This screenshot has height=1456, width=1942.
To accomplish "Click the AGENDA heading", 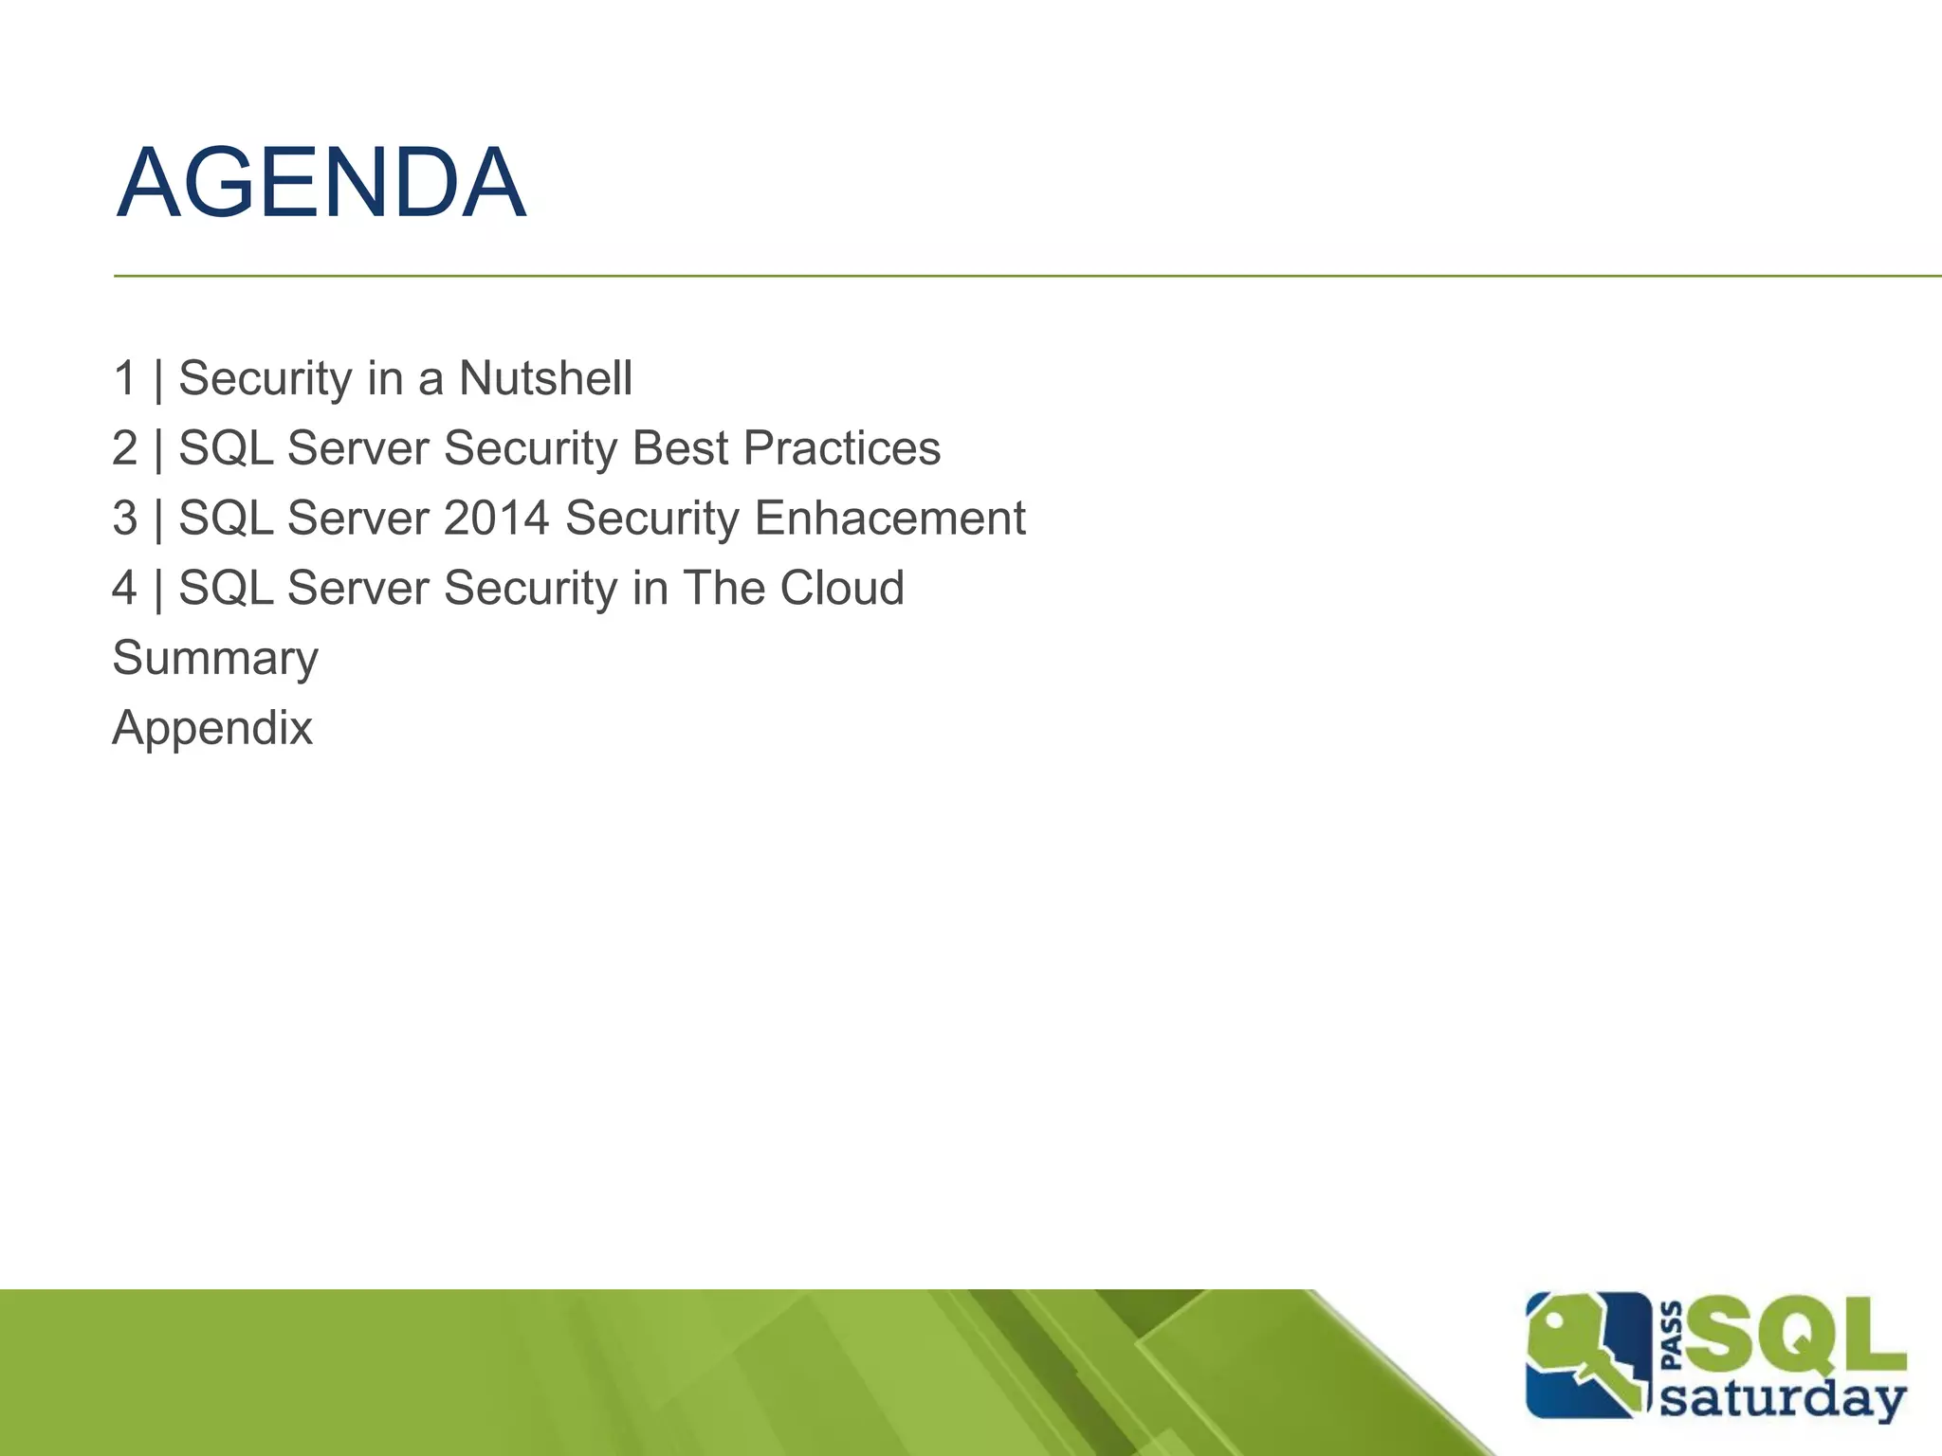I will [x=321, y=183].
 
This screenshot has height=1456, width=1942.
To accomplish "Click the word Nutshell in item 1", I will [x=545, y=378].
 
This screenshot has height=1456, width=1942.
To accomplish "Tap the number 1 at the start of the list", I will [x=124, y=378].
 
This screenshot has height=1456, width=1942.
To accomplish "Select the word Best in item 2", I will [x=680, y=448].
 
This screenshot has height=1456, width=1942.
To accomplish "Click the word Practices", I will [x=842, y=448].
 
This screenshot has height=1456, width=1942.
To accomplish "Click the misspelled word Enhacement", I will [x=889, y=519].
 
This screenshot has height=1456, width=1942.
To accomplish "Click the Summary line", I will [x=215, y=659].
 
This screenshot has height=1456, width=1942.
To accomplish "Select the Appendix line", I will [x=212, y=728].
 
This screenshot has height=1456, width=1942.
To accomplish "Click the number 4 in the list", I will [x=124, y=588].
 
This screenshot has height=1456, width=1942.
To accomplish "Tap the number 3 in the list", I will [x=124, y=519].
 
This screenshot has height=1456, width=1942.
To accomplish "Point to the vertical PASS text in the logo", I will [x=1673, y=1337].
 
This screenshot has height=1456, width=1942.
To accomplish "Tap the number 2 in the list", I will [x=124, y=448].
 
